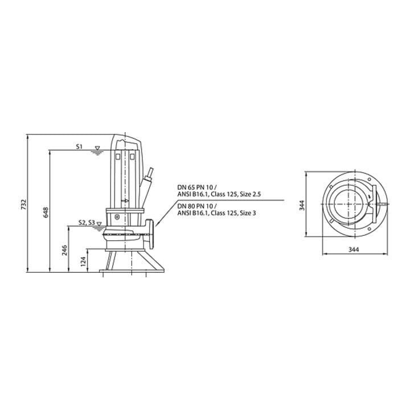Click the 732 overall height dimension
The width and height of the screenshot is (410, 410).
click(23, 204)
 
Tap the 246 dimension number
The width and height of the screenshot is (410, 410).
click(64, 250)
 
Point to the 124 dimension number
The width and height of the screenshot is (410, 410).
click(83, 261)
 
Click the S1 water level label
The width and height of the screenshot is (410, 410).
click(79, 147)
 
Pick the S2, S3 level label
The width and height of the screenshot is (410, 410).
click(87, 223)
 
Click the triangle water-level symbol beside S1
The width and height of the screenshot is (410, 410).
click(97, 148)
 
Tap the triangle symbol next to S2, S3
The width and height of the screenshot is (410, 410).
click(99, 224)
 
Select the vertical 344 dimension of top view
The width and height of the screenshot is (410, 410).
click(302, 205)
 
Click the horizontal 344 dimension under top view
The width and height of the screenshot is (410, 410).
click(354, 249)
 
